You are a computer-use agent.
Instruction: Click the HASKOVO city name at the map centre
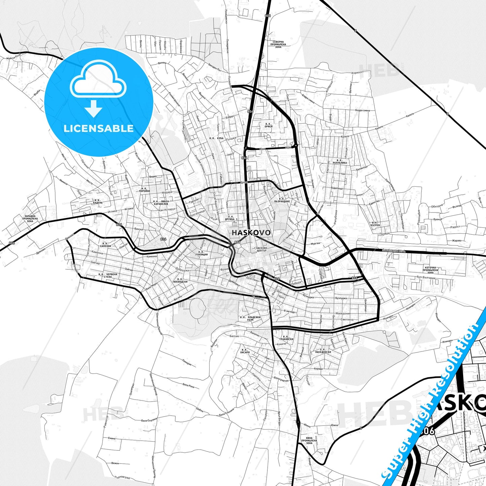coord(251,232)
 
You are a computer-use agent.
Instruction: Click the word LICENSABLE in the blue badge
coord(99,128)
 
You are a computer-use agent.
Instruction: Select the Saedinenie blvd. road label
coord(394,250)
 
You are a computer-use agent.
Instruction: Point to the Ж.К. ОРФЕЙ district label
coord(268,125)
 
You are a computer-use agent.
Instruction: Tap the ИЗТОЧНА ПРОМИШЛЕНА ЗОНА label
coord(431,270)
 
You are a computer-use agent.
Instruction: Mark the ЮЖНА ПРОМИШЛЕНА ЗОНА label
coord(309,440)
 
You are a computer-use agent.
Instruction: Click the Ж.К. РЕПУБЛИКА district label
coord(339,161)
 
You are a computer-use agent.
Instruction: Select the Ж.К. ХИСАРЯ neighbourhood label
coord(245,351)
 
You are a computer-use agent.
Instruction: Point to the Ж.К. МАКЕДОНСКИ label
coord(323,351)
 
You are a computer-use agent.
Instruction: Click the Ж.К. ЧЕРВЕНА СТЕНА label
coord(108,275)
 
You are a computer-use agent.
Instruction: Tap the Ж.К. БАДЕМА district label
coord(98,201)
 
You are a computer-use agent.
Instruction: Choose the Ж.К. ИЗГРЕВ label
coord(375,224)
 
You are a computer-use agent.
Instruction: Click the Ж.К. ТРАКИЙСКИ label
coord(286,338)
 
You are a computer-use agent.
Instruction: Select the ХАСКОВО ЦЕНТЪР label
coord(261,249)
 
